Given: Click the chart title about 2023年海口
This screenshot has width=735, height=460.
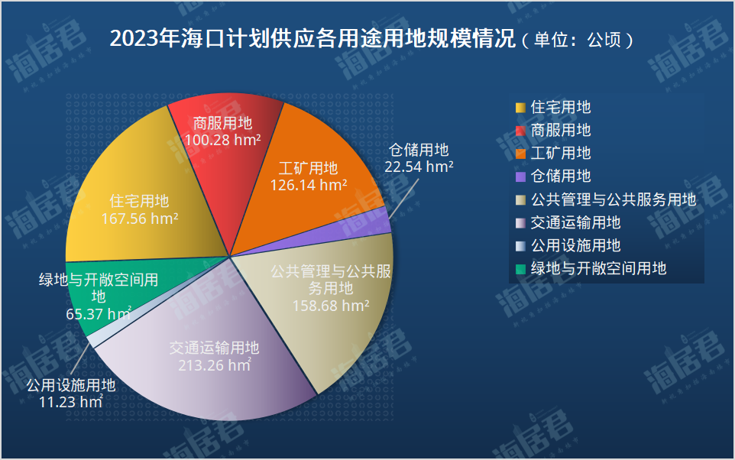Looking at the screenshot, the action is click(371, 39).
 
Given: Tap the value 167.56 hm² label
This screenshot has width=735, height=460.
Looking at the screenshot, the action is click(140, 219).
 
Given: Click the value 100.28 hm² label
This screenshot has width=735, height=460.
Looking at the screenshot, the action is click(222, 140).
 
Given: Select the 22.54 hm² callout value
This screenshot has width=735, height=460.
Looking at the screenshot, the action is click(419, 167).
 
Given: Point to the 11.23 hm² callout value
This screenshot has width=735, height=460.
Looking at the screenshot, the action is click(71, 402).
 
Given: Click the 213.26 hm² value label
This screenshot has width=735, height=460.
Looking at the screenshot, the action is click(215, 364).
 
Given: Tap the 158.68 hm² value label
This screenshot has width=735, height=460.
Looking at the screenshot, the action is click(331, 306).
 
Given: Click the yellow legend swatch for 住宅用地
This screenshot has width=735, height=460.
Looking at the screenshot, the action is click(520, 108).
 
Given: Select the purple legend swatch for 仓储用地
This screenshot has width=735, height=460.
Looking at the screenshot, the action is click(520, 177).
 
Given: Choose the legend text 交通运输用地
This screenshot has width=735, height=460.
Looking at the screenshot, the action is click(575, 222).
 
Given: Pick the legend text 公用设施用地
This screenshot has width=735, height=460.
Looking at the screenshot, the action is click(575, 245).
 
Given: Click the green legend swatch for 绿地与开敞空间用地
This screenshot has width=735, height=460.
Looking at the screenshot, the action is click(520, 269).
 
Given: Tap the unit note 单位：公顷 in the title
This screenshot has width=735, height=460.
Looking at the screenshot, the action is click(578, 40).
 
